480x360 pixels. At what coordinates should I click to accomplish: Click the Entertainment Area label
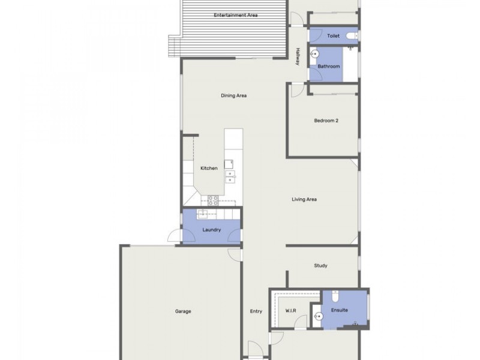point(236,15)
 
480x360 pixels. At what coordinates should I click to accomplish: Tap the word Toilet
point(334,36)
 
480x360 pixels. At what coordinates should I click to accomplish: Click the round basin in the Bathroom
point(314,53)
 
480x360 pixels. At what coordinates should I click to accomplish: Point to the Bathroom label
point(329,67)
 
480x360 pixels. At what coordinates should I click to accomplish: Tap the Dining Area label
point(234,95)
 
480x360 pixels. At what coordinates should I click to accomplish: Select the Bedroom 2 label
point(326,121)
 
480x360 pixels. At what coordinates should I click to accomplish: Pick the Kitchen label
point(209,168)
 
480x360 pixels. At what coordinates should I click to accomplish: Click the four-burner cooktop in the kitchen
point(212,199)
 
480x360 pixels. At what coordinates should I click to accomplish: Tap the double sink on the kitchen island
point(230,176)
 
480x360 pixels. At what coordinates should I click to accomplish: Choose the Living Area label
point(304,199)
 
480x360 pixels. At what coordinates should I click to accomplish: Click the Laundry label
point(212,230)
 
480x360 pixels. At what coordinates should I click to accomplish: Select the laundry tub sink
point(203,214)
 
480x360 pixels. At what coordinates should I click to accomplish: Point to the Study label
point(320,265)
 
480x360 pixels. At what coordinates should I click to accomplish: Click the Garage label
point(183,311)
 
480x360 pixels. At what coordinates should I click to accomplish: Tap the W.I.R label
point(289,311)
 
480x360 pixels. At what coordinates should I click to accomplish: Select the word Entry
point(256,311)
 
